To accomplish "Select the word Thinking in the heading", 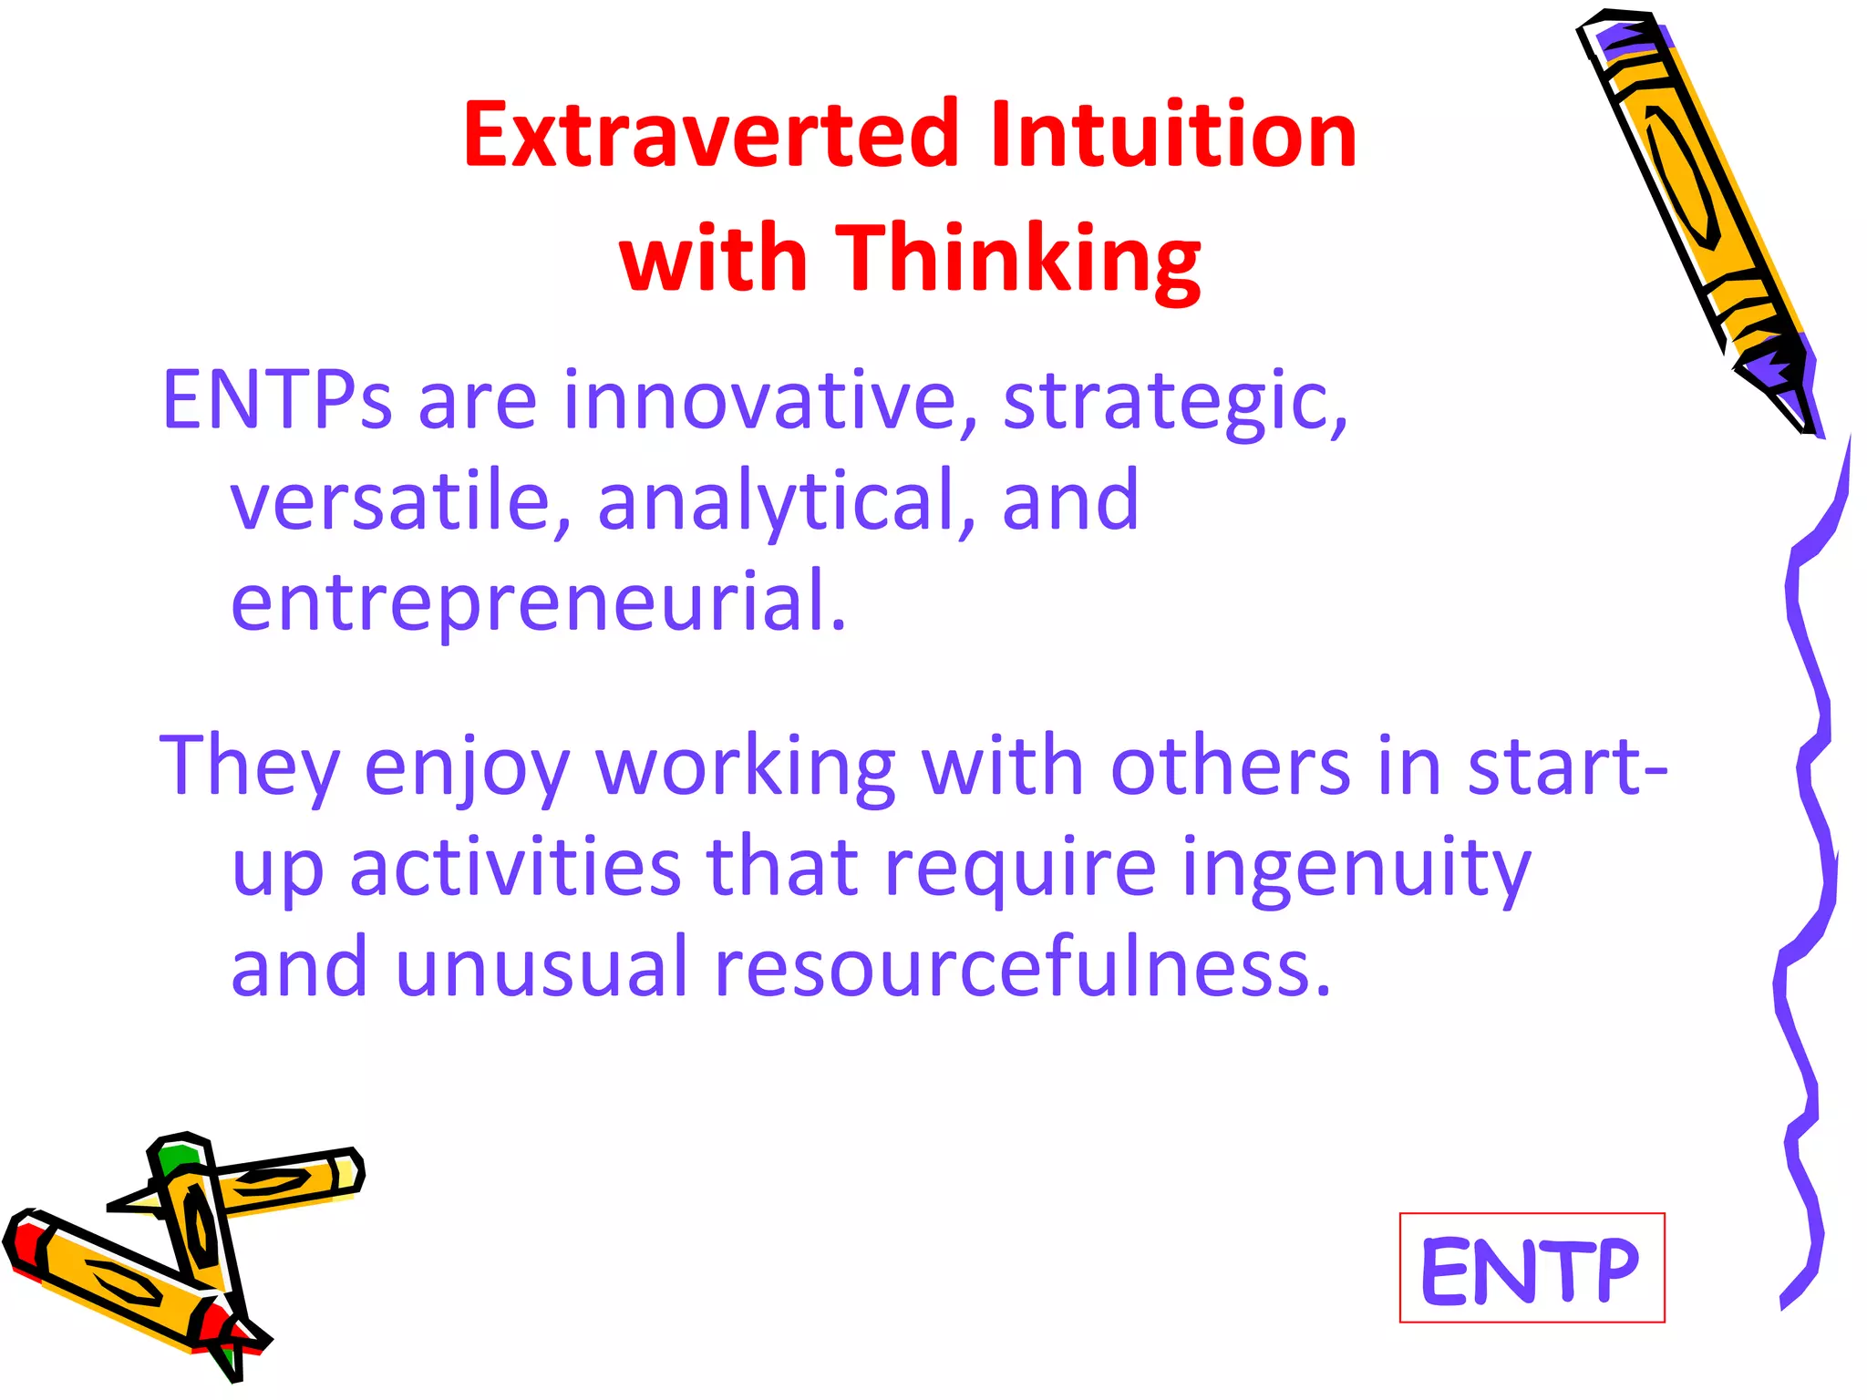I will (x=1018, y=260).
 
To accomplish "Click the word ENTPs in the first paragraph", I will (x=276, y=401).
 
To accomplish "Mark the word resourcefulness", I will (x=1021, y=968).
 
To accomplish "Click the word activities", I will (x=515, y=868).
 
